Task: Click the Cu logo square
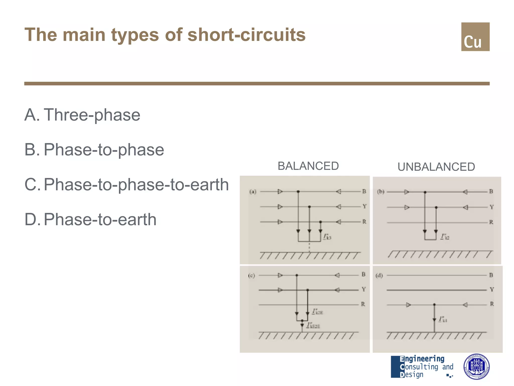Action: point(475,37)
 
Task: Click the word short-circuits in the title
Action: point(246,35)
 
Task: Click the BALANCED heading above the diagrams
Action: point(308,166)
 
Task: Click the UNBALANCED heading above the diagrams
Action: point(436,167)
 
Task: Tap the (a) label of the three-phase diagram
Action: point(253,192)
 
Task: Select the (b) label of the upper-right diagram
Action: point(381,192)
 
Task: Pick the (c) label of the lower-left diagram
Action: point(251,276)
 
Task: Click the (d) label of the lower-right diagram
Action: point(379,276)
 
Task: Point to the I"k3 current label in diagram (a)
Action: point(327,236)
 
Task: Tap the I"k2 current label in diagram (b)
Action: point(445,237)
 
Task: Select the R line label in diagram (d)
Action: point(492,304)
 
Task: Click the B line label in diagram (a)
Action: point(364,191)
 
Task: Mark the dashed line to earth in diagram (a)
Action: point(309,247)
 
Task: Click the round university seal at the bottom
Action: point(476,367)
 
